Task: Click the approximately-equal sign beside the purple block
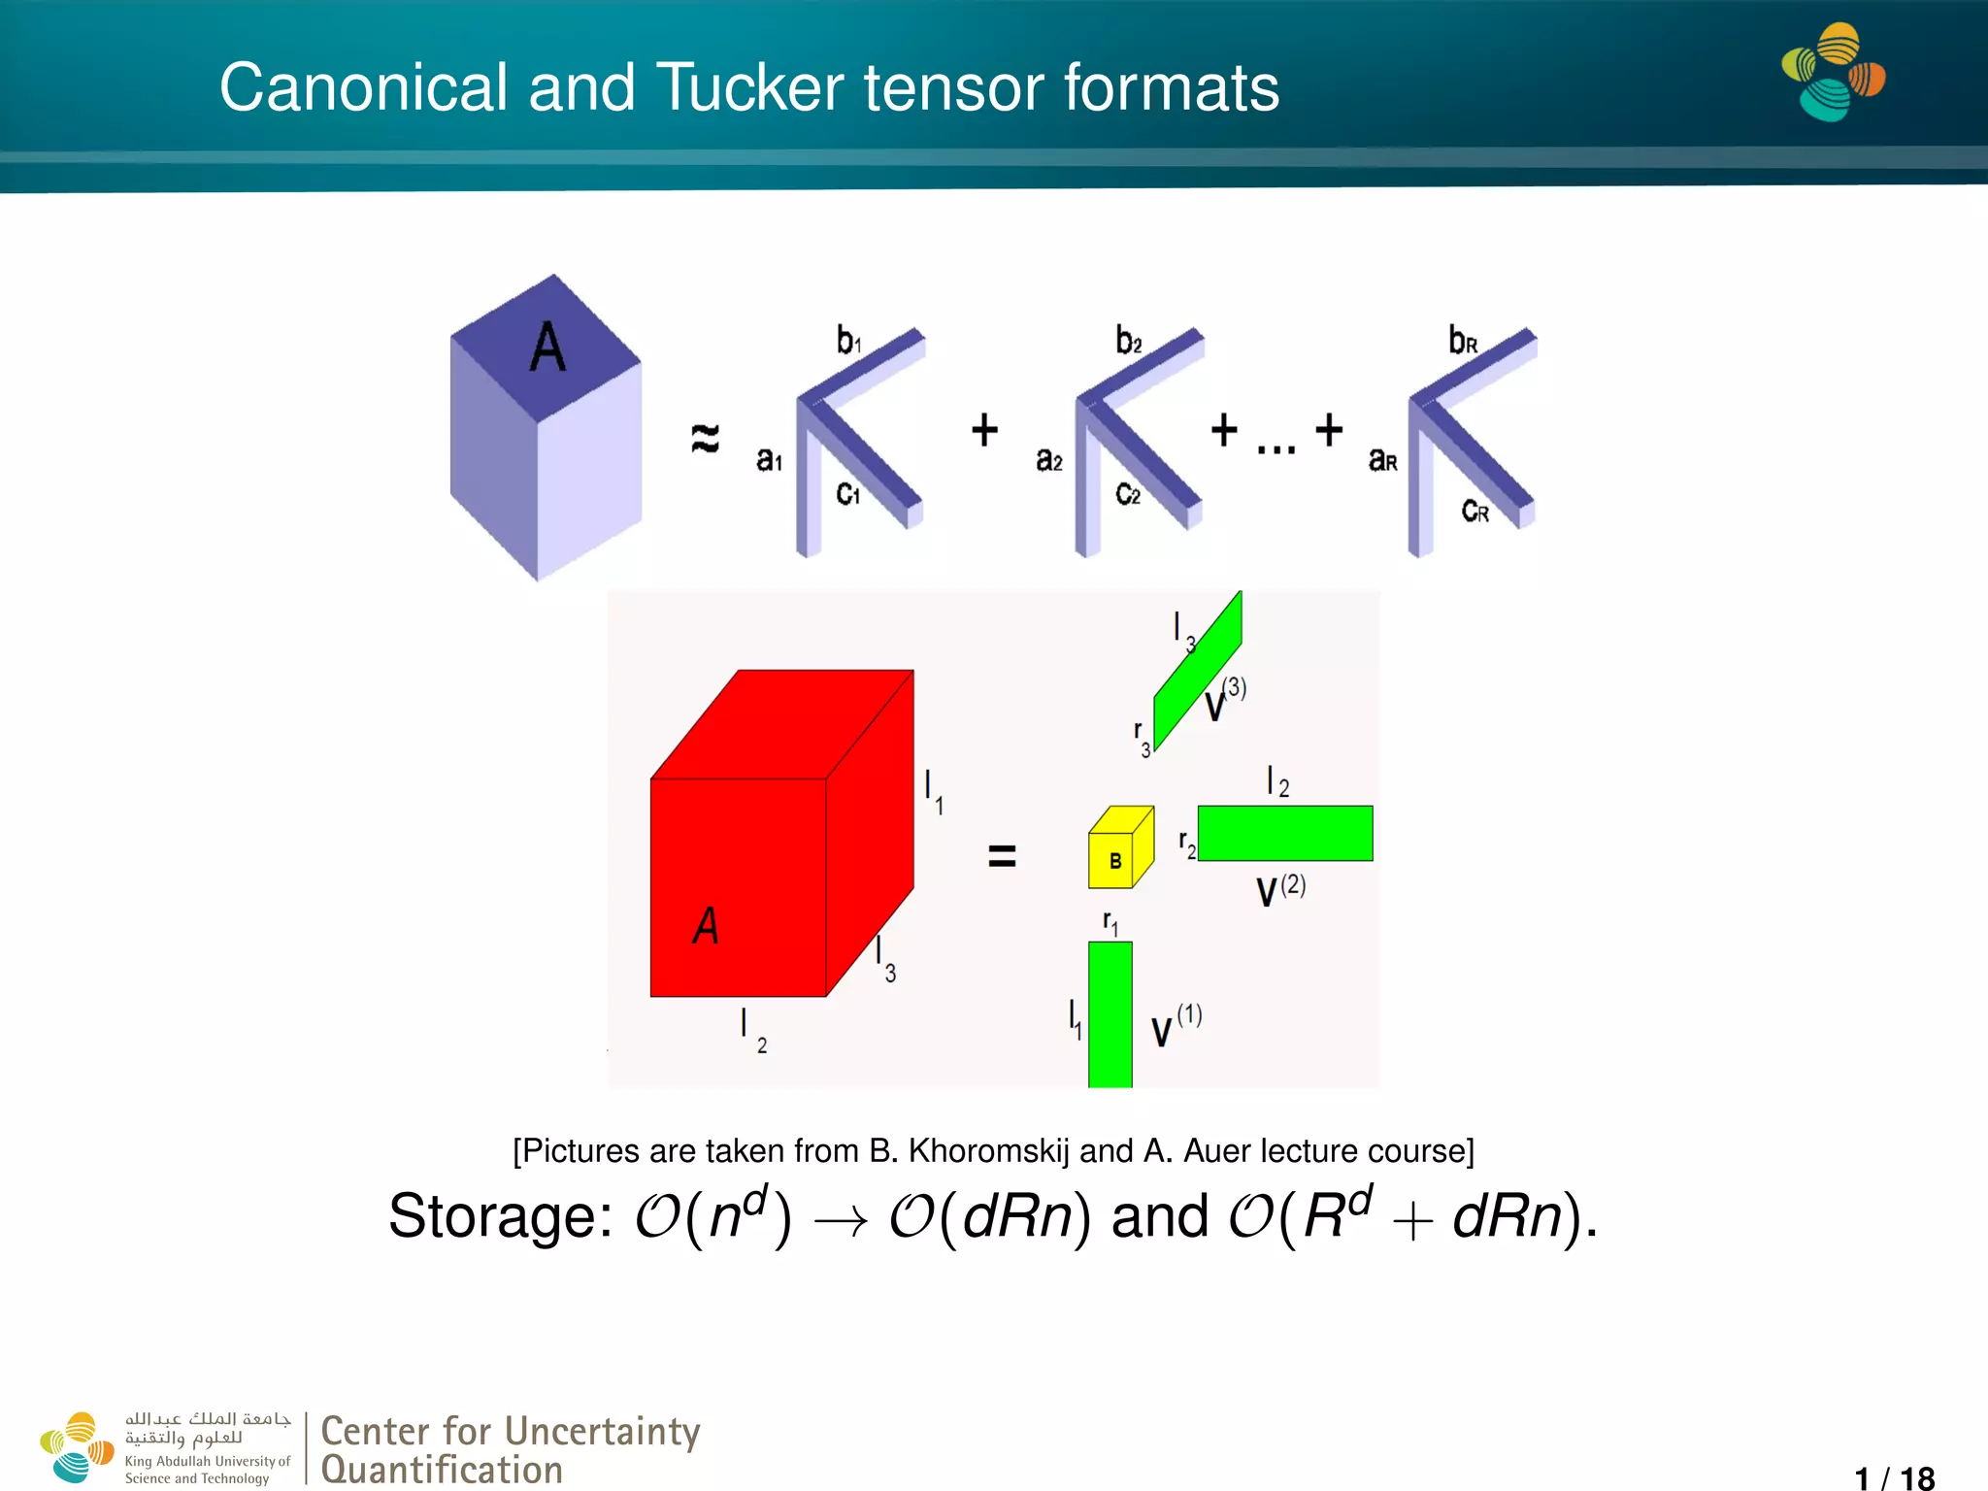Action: pos(706,438)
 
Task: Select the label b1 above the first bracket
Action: pos(848,341)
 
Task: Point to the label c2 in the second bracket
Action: pos(1127,494)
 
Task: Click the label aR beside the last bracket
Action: pos(1382,460)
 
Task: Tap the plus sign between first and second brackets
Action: pos(984,430)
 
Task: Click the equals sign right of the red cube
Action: pos(1002,856)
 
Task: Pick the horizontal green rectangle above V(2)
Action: pos(1285,833)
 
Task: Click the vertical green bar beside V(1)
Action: pos(1110,1013)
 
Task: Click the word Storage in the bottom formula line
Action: pos(500,1216)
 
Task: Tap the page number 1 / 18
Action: pos(1894,1477)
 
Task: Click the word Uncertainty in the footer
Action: pos(603,1432)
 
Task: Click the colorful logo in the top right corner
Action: pos(1833,73)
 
